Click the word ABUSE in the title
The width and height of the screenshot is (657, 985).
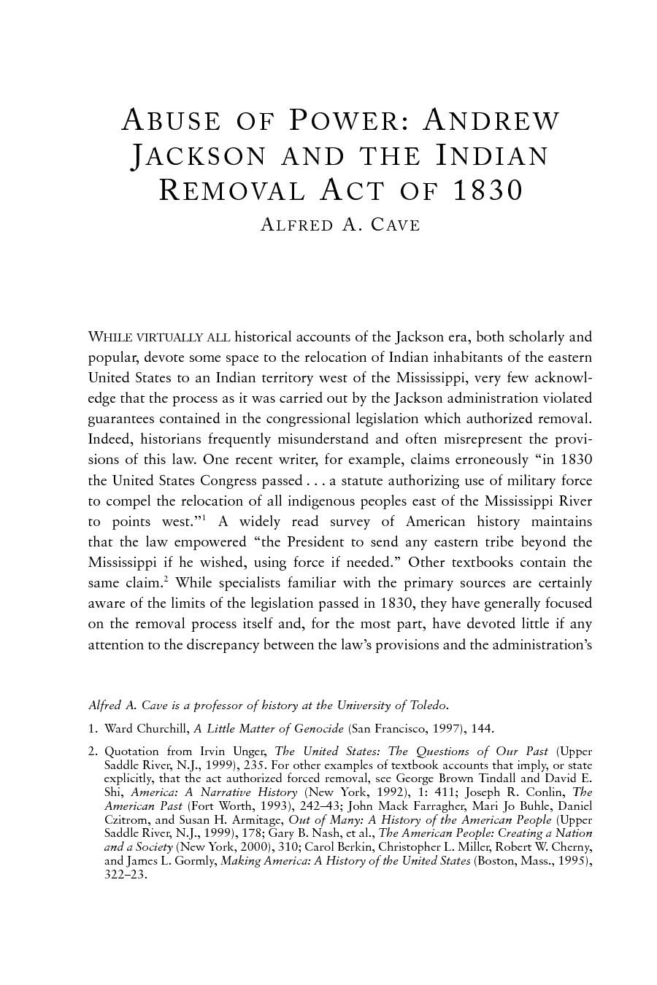(171, 120)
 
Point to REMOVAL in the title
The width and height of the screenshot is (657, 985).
(232, 190)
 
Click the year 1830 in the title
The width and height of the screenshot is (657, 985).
(488, 190)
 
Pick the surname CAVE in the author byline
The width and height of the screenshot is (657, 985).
(396, 225)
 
